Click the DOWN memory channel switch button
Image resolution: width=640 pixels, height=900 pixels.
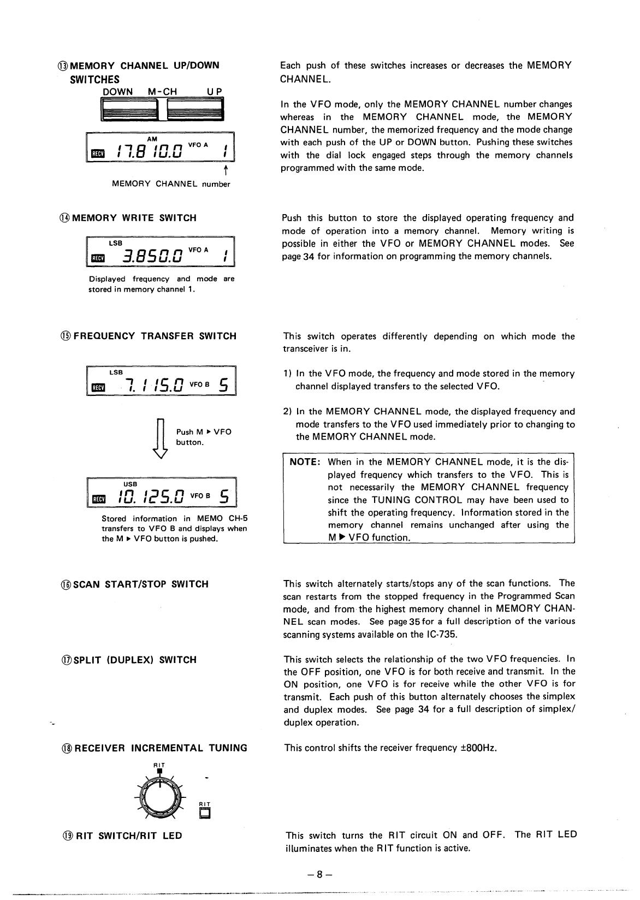click(x=130, y=110)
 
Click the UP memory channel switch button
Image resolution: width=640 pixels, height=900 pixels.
click(x=195, y=110)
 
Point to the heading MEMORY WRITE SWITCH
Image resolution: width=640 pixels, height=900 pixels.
click(x=134, y=218)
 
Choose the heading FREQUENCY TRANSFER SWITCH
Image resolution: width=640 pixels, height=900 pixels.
click(x=155, y=336)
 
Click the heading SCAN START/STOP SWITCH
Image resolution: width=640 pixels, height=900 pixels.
click(x=141, y=584)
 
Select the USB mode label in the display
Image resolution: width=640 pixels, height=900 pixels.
click(x=131, y=484)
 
